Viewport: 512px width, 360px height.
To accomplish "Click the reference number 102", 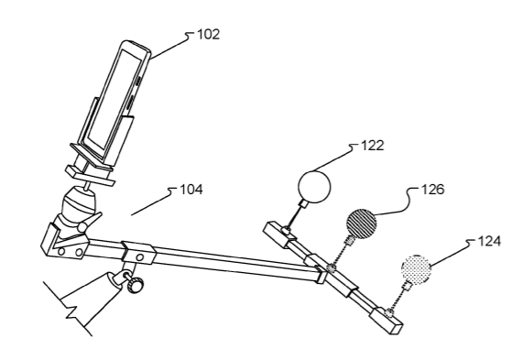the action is pyautogui.click(x=208, y=34).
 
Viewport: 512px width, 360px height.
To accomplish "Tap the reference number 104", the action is pyautogui.click(x=191, y=190).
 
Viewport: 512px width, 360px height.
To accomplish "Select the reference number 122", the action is pyautogui.click(x=373, y=146).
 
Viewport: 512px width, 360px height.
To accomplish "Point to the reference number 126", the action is pyautogui.click(x=433, y=190).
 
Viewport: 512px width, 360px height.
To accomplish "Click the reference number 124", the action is pyautogui.click(x=489, y=242).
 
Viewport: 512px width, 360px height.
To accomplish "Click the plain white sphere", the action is pyautogui.click(x=314, y=187).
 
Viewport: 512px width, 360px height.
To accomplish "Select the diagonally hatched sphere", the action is pyautogui.click(x=361, y=224).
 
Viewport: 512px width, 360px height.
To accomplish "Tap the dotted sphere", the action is pyautogui.click(x=416, y=269).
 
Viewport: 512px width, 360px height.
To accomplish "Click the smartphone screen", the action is pyautogui.click(x=113, y=98).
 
